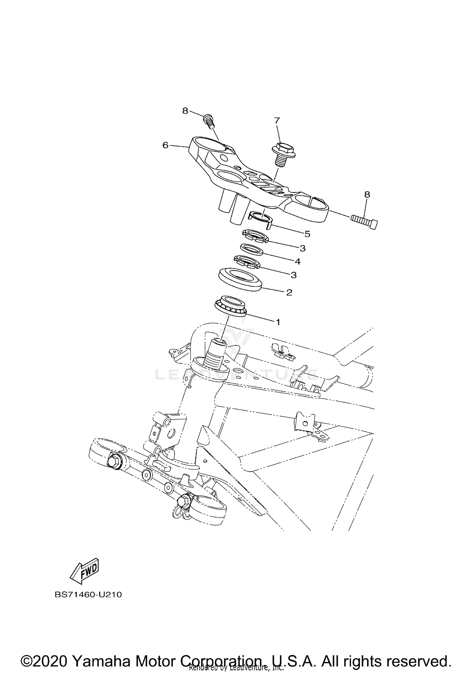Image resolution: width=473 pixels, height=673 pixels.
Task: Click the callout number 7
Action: (277, 120)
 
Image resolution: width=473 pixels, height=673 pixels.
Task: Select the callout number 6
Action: (166, 145)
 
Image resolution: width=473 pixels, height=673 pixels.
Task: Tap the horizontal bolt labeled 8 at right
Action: (364, 221)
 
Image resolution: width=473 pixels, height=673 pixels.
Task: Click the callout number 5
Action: (307, 234)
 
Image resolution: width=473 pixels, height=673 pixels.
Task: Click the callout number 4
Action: (297, 261)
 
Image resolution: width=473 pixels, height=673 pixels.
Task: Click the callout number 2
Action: (289, 292)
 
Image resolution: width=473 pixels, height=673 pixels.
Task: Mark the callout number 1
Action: (278, 322)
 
